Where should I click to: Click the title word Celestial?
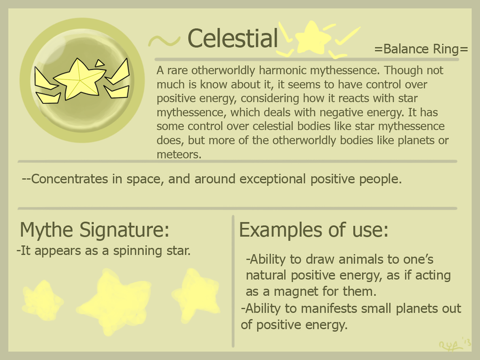(x=233, y=38)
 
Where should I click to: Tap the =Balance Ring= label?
(x=421, y=49)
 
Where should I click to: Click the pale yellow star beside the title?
(x=312, y=37)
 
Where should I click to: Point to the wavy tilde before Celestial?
(x=164, y=41)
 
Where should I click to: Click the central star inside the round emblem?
(x=79, y=79)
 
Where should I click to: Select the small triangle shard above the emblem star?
(x=100, y=63)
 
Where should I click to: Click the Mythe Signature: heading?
(x=94, y=229)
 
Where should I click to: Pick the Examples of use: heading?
(x=314, y=229)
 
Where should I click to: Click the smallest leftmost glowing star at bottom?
(x=42, y=301)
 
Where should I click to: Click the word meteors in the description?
(x=179, y=154)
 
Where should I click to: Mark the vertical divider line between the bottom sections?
(x=233, y=281)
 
